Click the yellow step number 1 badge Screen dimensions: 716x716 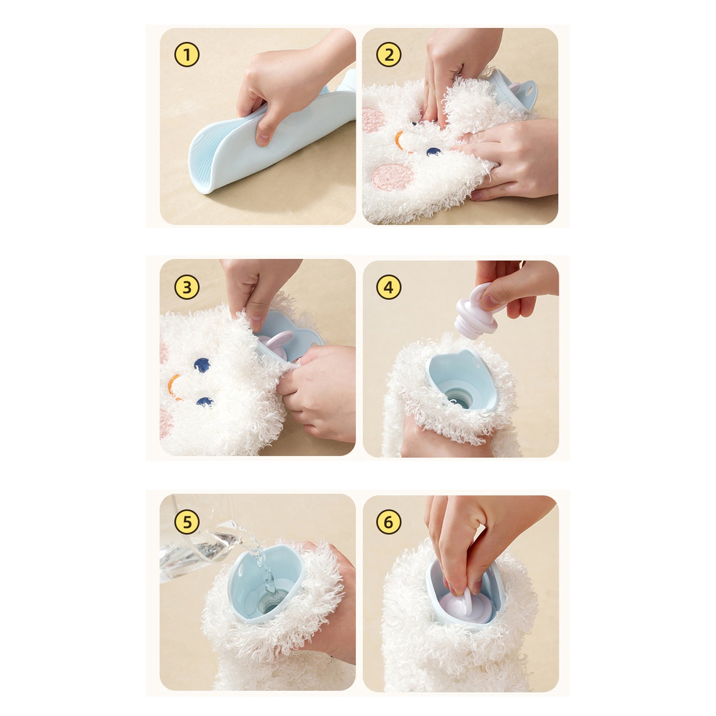point(187,55)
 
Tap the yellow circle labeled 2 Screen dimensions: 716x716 point(389,55)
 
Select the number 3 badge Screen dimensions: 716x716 point(187,287)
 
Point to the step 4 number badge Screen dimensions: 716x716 point(389,287)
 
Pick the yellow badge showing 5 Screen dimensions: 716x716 point(187,522)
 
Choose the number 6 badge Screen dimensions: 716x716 point(389,522)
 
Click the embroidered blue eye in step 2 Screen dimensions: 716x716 point(433,152)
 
